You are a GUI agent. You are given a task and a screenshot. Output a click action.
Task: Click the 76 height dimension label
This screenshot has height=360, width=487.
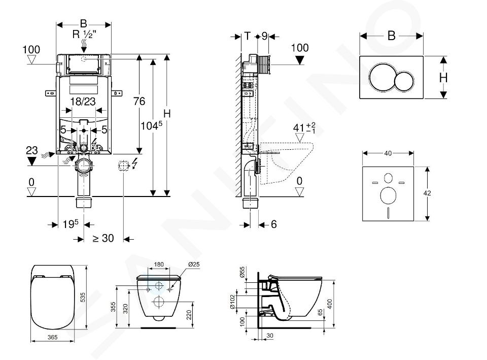click(x=139, y=102)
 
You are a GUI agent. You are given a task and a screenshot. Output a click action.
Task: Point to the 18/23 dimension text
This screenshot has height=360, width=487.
click(x=83, y=102)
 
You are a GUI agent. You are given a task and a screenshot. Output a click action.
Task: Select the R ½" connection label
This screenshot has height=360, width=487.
click(x=83, y=36)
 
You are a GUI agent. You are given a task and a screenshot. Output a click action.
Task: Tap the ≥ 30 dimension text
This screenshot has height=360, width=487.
click(x=103, y=238)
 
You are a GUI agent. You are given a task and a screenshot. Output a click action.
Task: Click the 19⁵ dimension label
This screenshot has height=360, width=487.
click(x=71, y=223)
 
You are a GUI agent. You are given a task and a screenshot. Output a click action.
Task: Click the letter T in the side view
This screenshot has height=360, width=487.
click(x=247, y=36)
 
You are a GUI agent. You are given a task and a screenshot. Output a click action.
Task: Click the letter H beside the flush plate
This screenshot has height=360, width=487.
click(x=443, y=78)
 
